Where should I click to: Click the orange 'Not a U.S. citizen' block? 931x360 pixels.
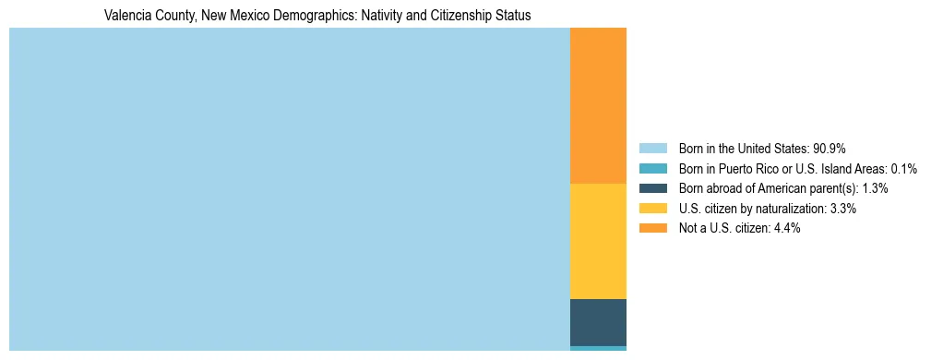pos(598,106)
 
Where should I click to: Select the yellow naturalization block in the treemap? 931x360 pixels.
pos(598,242)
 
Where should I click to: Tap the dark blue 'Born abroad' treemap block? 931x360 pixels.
pos(598,322)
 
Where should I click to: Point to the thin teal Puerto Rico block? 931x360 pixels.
pos(598,348)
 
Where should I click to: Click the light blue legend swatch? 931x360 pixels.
pos(653,148)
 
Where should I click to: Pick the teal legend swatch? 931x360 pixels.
pos(653,168)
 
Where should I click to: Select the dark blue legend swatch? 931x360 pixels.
pos(653,188)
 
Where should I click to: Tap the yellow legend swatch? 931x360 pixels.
pos(653,209)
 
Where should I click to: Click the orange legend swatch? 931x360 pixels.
pos(653,228)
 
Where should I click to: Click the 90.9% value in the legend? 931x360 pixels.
pos(829,148)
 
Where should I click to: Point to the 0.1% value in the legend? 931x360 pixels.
pos(903,168)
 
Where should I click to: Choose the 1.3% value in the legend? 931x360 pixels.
pos(873,188)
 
